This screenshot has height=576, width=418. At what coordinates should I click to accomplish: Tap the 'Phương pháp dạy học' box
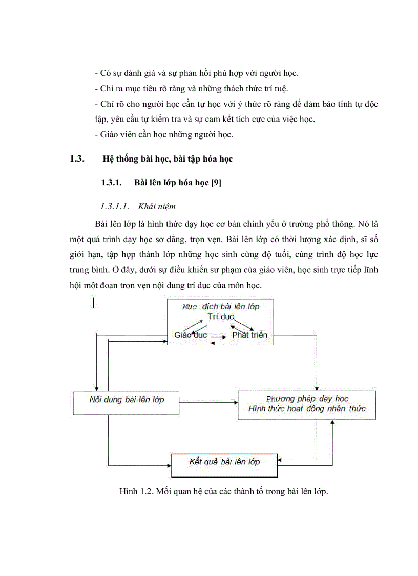(x=307, y=405)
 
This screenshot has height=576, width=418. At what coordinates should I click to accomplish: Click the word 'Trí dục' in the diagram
(x=220, y=317)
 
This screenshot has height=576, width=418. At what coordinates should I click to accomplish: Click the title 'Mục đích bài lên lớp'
(x=221, y=307)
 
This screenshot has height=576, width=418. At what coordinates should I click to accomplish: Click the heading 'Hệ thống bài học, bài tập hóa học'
(x=168, y=159)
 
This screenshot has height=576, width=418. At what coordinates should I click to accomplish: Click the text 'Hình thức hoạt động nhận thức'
(x=307, y=409)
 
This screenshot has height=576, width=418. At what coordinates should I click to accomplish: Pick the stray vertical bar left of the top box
(x=93, y=304)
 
